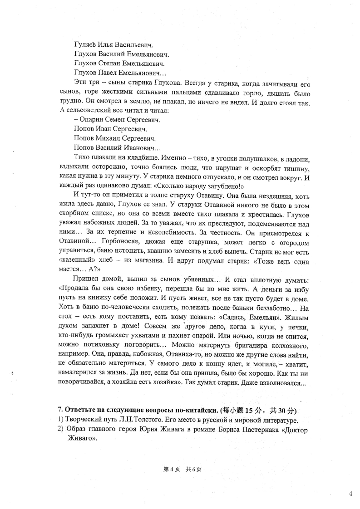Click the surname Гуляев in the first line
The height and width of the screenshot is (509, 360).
(85, 45)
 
